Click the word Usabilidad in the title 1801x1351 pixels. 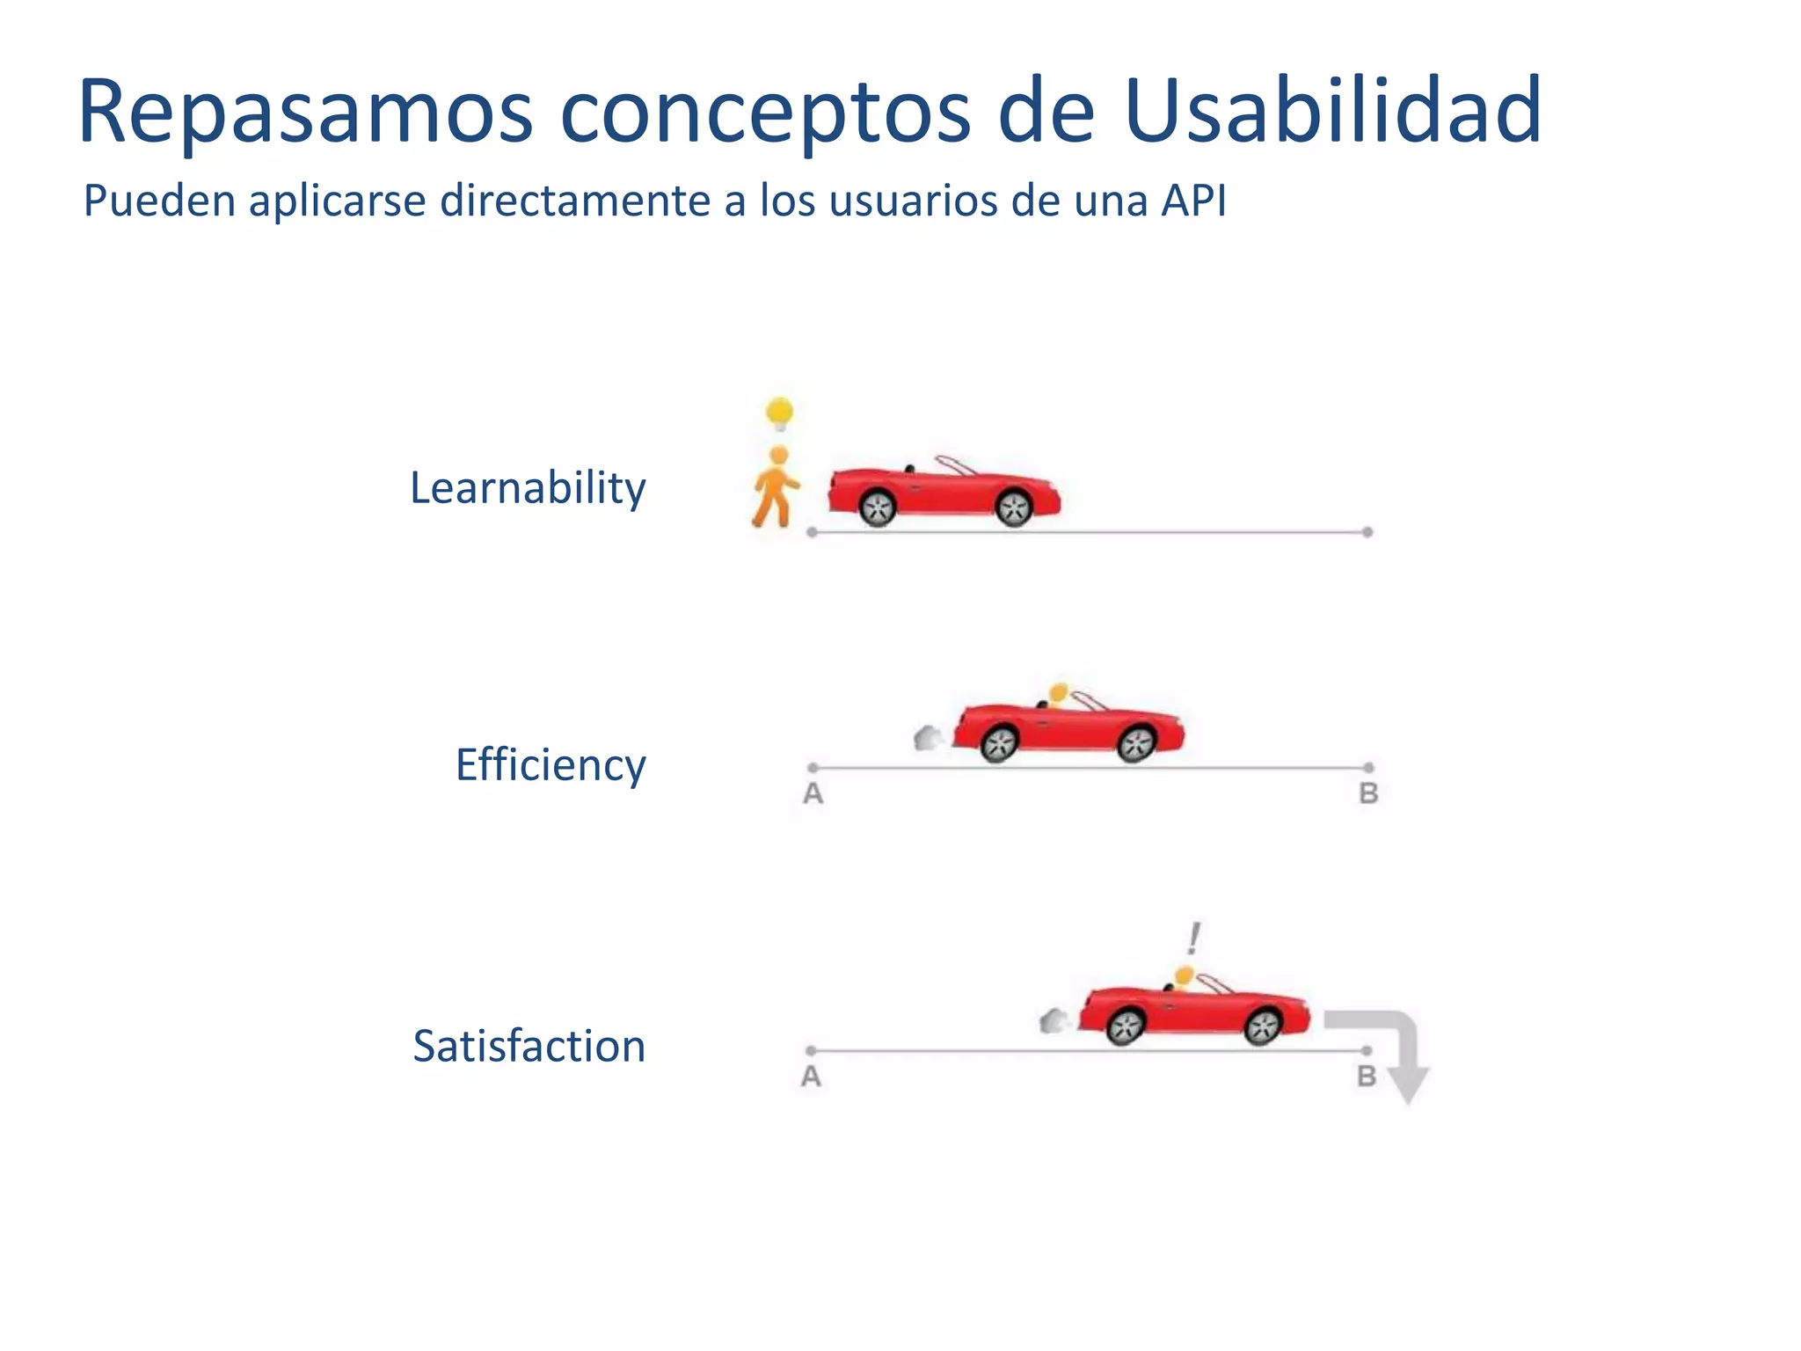coord(1332,112)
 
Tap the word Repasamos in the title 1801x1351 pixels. coord(306,112)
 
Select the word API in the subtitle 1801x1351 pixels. coord(1193,201)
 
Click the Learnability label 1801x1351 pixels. coord(528,488)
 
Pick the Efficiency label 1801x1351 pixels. coord(551,764)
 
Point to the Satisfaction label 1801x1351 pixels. coord(529,1047)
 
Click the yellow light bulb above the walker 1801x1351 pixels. coord(779,413)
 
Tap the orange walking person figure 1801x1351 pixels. coord(776,488)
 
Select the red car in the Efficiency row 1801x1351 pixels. coord(1068,728)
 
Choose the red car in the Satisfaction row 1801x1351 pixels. coord(1194,1011)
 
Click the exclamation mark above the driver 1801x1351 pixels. coord(1193,938)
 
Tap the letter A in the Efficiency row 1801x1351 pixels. coord(813,794)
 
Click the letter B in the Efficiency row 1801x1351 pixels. coord(1368,794)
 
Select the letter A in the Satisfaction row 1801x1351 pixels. coord(811,1077)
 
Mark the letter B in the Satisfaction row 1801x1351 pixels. coord(1366,1077)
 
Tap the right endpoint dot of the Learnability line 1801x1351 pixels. coord(1367,532)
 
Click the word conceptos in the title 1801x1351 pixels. coord(765,112)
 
